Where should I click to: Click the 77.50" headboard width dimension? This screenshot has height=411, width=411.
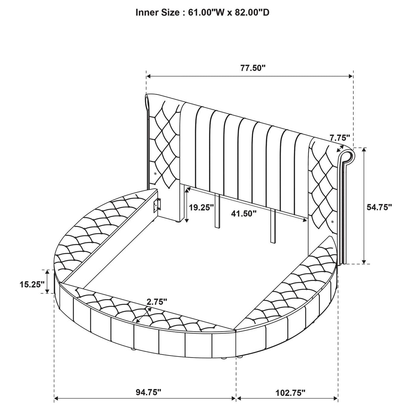click(253, 68)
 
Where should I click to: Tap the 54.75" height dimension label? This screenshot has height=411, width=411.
click(379, 207)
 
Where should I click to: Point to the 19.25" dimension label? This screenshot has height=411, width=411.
click(201, 207)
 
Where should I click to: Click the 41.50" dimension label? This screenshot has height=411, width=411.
click(244, 213)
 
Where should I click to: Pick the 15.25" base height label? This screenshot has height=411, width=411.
click(32, 284)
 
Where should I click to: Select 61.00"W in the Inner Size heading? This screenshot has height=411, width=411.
click(206, 13)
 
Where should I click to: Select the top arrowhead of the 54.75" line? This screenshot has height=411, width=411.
click(364, 150)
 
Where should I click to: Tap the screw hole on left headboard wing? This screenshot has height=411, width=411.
click(155, 173)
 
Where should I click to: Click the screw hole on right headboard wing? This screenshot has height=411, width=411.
click(333, 222)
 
